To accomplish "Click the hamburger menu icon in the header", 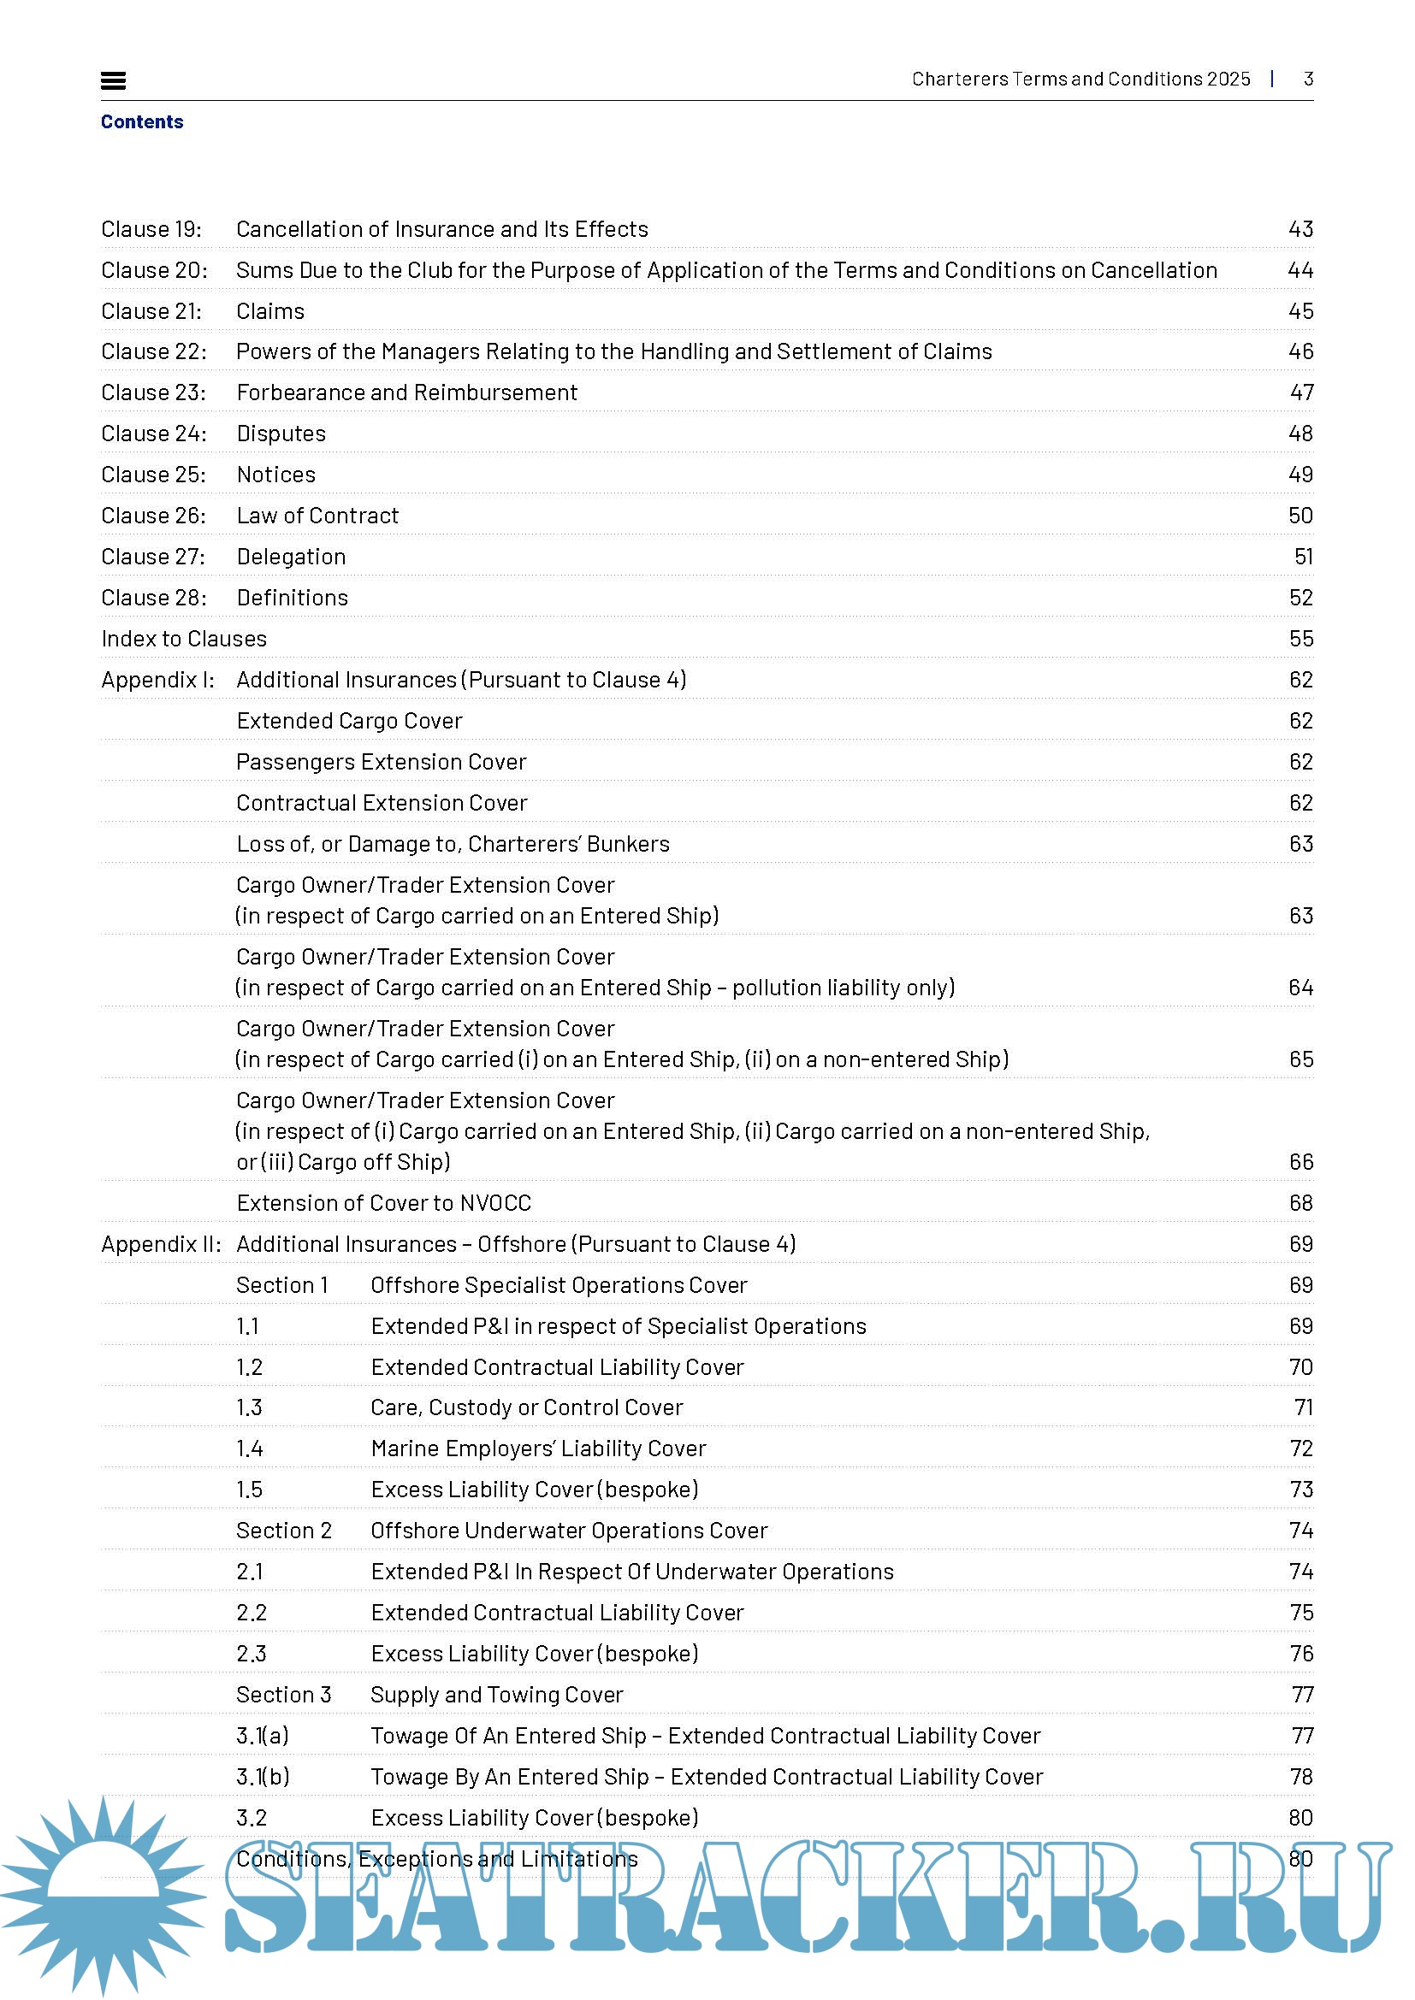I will point(113,81).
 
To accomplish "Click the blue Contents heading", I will point(142,122).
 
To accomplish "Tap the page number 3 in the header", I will point(1308,80).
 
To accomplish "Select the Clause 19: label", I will point(151,229).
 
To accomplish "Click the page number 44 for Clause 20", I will point(1300,270).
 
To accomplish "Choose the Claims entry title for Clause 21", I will point(270,311).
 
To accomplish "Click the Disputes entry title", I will point(281,434).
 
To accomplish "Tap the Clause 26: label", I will point(153,516).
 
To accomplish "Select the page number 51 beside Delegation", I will point(1303,557).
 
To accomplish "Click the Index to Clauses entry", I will point(184,639).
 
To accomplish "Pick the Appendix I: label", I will point(157,680).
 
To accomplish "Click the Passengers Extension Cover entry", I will point(381,762).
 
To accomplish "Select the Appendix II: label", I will point(161,1244).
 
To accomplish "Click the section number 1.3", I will point(249,1407).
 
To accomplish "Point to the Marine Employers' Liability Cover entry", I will point(537,1448).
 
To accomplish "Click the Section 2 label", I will point(284,1531).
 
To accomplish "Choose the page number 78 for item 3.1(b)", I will point(1301,1777).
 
